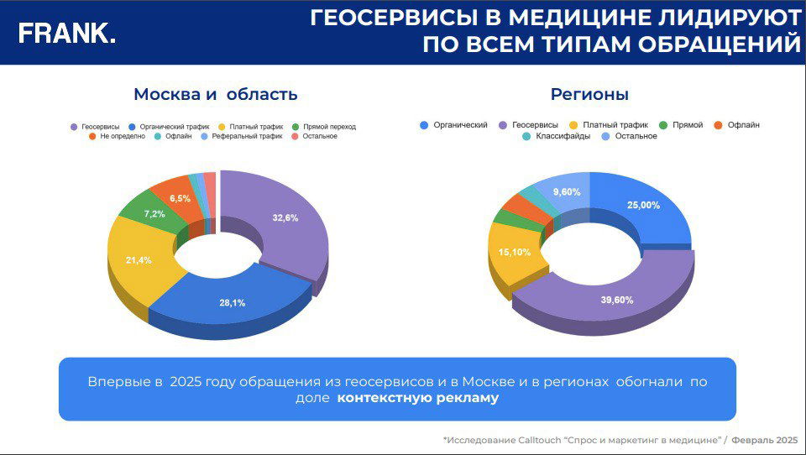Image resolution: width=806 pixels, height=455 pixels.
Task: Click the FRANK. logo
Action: pos(67,33)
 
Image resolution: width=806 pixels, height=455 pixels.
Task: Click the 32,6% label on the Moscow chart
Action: pos(285,217)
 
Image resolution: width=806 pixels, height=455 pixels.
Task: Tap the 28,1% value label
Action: pos(233,303)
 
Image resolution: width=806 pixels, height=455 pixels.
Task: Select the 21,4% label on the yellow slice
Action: pos(139,260)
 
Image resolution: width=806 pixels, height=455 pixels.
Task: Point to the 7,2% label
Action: pos(154,214)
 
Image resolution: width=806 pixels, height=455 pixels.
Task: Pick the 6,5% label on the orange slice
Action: pos(180,199)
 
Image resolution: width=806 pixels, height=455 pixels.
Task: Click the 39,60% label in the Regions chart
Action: pos(617,300)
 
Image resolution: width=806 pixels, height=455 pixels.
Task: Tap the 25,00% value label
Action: pos(644,205)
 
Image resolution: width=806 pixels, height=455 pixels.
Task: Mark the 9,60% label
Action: pos(567,192)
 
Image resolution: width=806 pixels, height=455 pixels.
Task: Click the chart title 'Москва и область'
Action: pos(216,95)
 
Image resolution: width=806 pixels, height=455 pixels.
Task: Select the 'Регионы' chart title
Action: pos(589,95)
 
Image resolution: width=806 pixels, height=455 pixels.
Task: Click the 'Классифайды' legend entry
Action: pos(555,136)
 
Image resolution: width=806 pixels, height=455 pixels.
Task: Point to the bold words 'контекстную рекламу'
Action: pos(417,398)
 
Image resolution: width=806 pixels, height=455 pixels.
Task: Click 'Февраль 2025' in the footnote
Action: pos(764,440)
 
